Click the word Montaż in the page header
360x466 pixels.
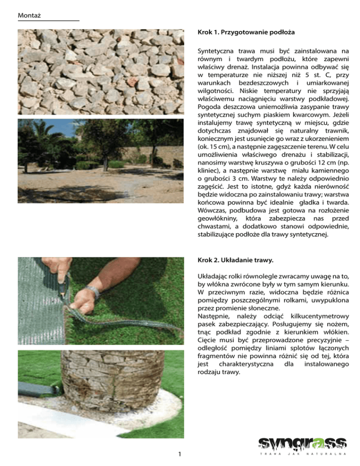pos(28,16)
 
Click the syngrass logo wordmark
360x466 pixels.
pos(302,442)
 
